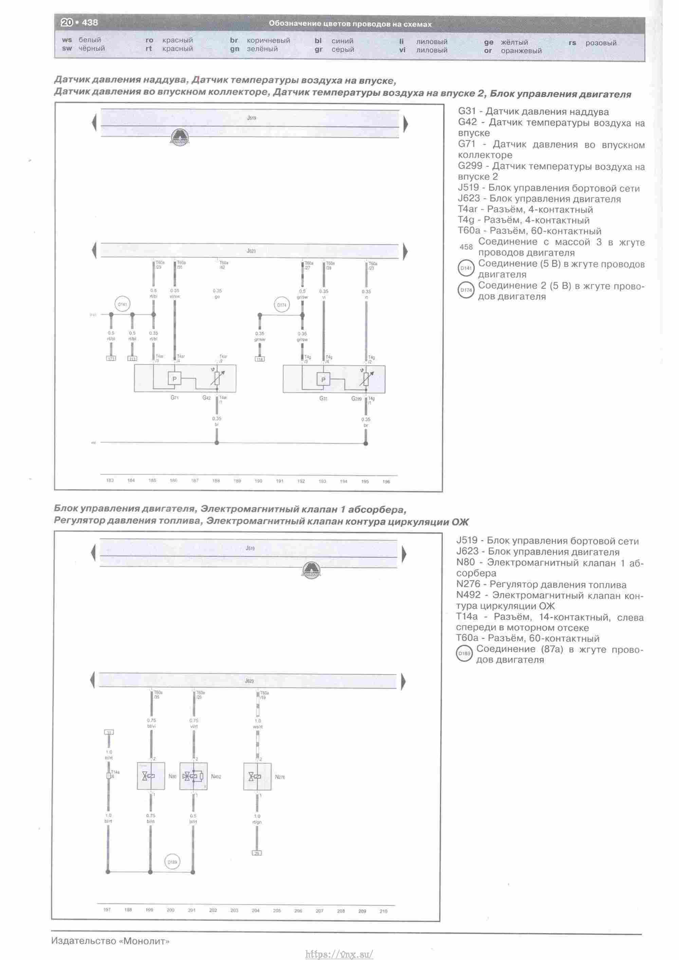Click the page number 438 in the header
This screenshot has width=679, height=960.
point(90,22)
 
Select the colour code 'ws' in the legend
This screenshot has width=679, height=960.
point(67,40)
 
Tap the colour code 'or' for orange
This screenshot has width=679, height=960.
point(488,51)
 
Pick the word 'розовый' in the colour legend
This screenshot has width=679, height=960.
point(601,43)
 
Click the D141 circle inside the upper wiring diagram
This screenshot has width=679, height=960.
point(122,304)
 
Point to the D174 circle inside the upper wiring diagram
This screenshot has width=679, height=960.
point(282,305)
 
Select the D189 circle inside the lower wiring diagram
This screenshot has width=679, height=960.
point(172,862)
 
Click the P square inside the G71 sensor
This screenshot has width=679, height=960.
point(175,379)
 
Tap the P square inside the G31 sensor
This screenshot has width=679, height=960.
point(323,379)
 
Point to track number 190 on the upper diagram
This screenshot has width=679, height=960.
point(258,481)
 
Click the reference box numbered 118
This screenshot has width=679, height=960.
point(260,359)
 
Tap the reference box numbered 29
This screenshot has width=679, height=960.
point(257,853)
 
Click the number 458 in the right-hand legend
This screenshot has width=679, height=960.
point(466,247)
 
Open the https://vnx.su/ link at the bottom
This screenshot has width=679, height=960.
point(339,954)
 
